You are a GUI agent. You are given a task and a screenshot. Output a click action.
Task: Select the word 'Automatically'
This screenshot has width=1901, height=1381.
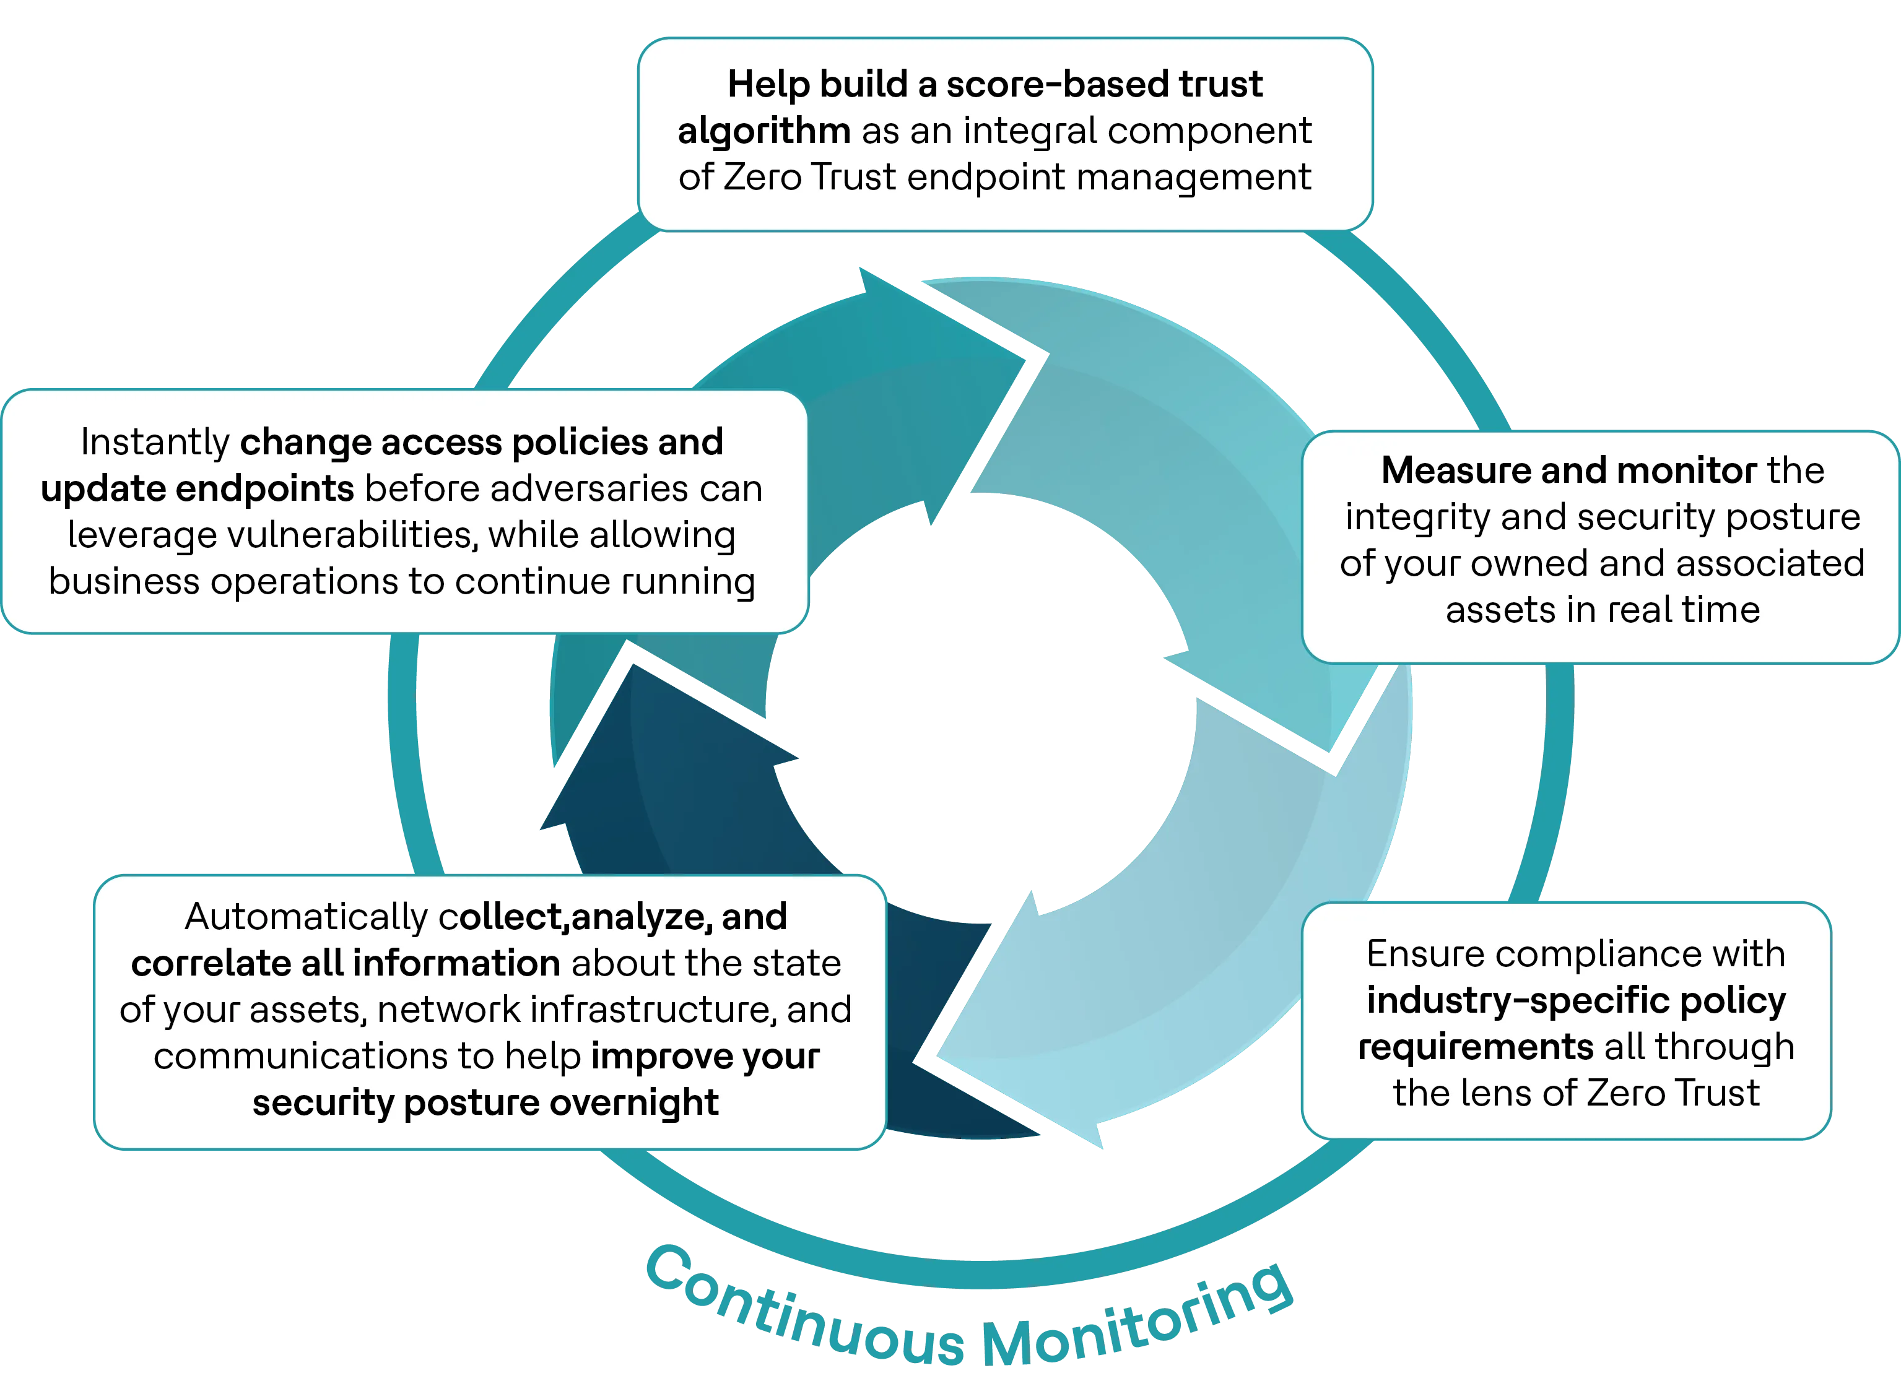(x=306, y=917)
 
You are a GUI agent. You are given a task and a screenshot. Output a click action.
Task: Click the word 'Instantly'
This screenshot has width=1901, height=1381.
(x=155, y=443)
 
